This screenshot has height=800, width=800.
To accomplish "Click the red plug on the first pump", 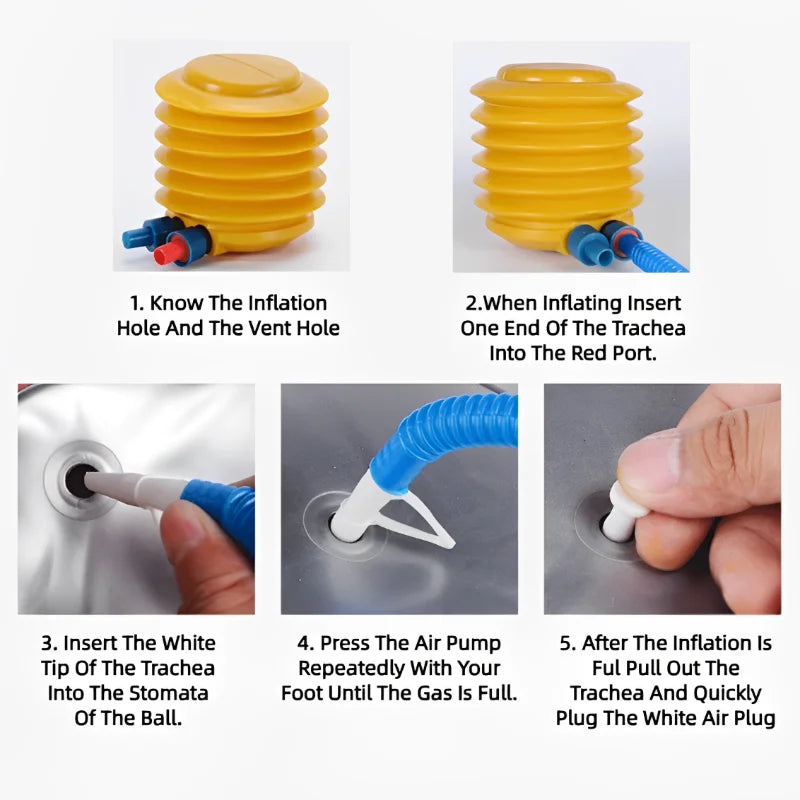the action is point(174,251).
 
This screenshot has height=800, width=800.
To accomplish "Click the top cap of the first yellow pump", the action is point(242,78).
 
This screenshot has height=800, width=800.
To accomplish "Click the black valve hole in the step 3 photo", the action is point(78,481).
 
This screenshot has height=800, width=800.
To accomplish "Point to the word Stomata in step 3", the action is point(169,693).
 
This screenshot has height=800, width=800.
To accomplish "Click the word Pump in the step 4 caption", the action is point(476,644).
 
